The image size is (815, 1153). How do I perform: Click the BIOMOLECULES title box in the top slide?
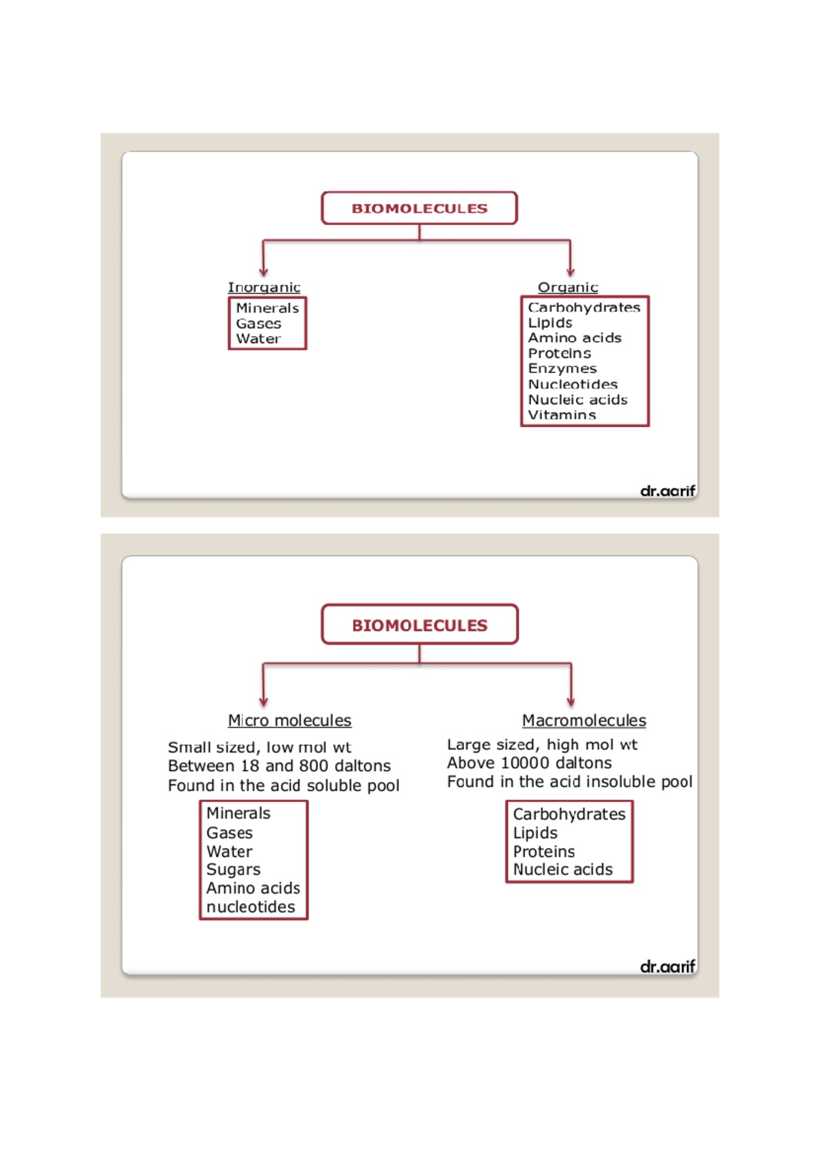[419, 208]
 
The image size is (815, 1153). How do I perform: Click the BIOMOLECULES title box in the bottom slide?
[419, 625]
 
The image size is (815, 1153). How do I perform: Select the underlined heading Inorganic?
[264, 287]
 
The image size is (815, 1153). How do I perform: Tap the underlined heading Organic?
[568, 287]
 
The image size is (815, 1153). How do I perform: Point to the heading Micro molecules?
[289, 720]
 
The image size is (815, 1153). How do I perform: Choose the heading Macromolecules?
[583, 720]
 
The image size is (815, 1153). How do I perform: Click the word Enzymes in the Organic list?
[562, 369]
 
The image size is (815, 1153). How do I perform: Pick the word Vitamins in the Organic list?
[562, 415]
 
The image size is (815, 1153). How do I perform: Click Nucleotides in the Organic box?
[573, 384]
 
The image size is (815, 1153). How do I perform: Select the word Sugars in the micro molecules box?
[233, 870]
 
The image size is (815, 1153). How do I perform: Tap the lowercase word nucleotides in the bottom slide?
[251, 907]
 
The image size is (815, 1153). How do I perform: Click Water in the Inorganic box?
[258, 339]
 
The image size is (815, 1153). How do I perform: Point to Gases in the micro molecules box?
[230, 833]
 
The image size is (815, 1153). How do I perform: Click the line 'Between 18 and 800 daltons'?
[279, 766]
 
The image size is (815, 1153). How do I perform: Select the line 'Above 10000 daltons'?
[529, 763]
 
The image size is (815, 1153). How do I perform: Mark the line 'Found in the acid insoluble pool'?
[569, 782]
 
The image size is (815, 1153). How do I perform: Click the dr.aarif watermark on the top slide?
[668, 490]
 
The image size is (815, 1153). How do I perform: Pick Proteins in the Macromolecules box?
[543, 852]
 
